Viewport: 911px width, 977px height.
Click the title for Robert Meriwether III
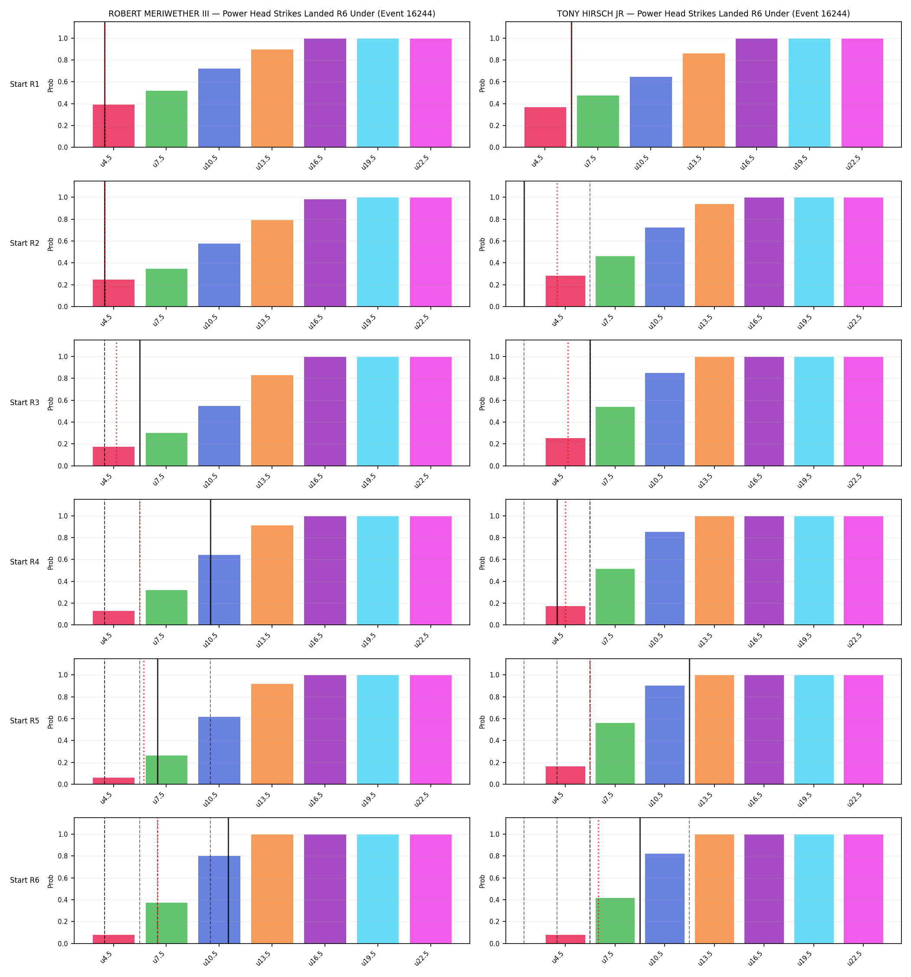click(272, 14)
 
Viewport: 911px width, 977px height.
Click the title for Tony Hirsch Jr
click(703, 14)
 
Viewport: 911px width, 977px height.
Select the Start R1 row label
click(25, 84)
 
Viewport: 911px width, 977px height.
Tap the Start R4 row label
click(25, 562)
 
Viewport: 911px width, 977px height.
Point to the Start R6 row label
click(25, 880)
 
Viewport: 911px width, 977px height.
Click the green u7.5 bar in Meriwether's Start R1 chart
click(167, 119)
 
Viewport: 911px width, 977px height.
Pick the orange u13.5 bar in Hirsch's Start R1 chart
click(704, 100)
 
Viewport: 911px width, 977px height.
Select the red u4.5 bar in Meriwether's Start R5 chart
click(114, 781)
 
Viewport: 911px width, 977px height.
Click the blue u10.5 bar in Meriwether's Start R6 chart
click(220, 900)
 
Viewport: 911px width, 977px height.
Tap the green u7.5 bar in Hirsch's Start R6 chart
click(615, 921)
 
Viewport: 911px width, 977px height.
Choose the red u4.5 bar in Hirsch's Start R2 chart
click(565, 291)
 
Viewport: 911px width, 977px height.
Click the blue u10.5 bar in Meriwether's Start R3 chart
click(220, 436)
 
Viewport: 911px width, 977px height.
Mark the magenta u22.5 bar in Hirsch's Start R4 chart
click(863, 571)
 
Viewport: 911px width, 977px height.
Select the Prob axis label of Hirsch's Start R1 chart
click(482, 86)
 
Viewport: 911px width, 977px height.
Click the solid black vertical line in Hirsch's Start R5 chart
click(689, 721)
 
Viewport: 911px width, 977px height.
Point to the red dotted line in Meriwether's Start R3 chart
click(116, 403)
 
